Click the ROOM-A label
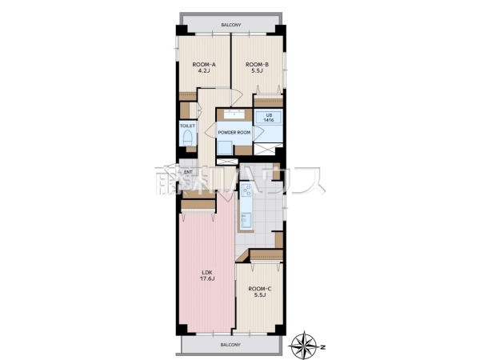coord(204,65)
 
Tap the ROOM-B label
coord(257,65)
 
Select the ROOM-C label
coord(260,289)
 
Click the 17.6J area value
coord(207,278)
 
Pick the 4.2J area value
coord(204,71)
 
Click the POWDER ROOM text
coord(234,133)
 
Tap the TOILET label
coord(187,126)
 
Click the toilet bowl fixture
coord(187,138)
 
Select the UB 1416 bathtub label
coord(269,118)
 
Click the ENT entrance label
coord(188,172)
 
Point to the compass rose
coord(304,345)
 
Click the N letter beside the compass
coord(323,347)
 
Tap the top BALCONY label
coord(231,25)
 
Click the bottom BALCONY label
coord(230,345)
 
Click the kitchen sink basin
coord(246,219)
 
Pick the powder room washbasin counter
coord(234,114)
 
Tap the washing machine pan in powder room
coord(225,147)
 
